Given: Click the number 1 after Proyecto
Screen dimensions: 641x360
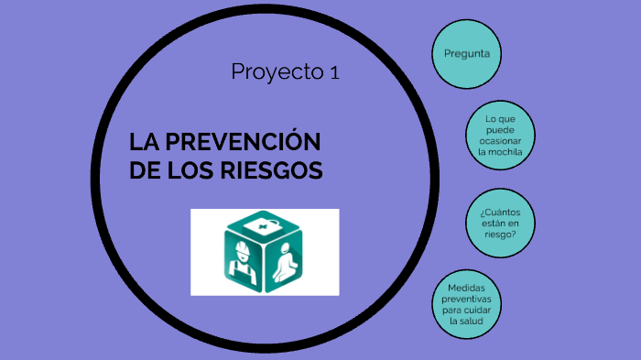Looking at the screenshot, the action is (x=334, y=72).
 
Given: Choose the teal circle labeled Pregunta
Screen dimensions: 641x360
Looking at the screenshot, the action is (x=466, y=53).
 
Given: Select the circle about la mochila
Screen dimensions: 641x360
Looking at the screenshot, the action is (x=499, y=136).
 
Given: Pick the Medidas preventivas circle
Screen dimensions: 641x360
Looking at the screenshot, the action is (x=466, y=305).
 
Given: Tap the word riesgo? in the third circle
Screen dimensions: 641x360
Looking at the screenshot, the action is (x=499, y=234).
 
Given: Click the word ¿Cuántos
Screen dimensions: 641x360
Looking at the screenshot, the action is (x=499, y=212).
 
